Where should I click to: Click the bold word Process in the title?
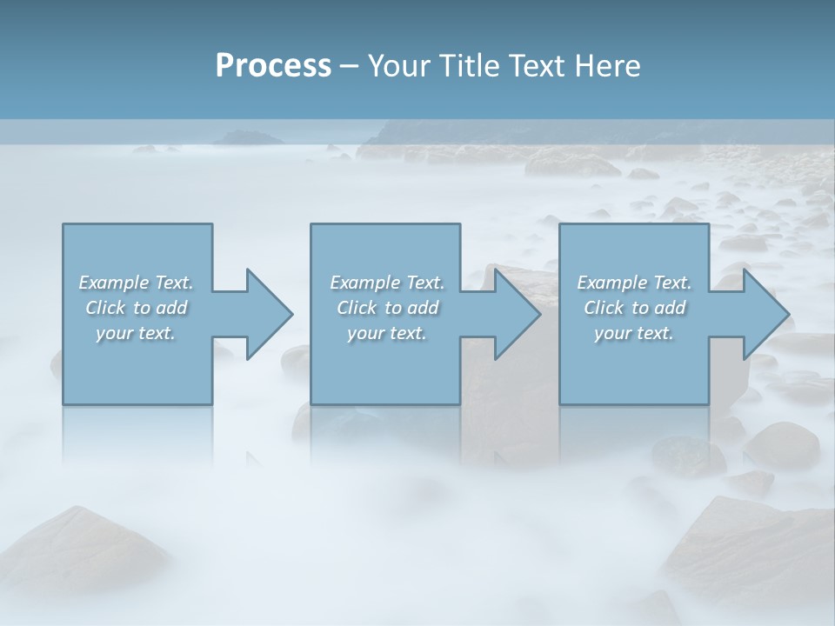(273, 65)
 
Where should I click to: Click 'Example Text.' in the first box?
(136, 283)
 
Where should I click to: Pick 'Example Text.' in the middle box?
(387, 283)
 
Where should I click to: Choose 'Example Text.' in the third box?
(634, 283)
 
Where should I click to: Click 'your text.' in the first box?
(136, 333)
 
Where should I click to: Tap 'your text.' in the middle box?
(387, 333)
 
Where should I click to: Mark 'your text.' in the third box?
(634, 333)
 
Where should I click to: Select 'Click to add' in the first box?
(136, 308)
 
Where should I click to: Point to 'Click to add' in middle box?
(387, 308)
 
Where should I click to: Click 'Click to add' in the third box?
(634, 308)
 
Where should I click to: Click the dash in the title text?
(349, 66)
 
